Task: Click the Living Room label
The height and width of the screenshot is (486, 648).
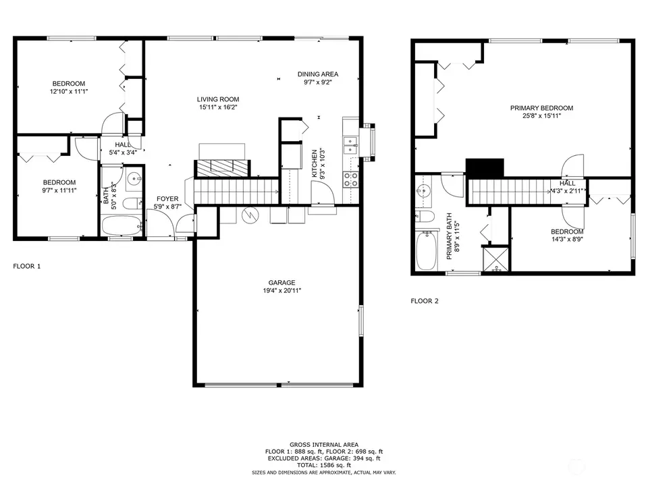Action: tap(218, 99)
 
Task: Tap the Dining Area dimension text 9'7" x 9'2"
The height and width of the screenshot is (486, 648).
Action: tap(318, 82)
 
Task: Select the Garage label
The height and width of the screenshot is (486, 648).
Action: tap(282, 283)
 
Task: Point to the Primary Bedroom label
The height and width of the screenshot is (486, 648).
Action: tap(541, 108)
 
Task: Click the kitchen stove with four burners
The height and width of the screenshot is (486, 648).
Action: tap(350, 180)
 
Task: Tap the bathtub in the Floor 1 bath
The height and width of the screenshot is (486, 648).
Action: tap(122, 225)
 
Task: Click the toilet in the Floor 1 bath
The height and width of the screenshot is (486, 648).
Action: tap(133, 203)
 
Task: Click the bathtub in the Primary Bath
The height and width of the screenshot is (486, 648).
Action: tap(427, 250)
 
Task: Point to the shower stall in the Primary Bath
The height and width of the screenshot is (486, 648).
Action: tap(495, 259)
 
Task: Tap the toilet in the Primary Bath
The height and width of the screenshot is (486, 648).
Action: tap(425, 216)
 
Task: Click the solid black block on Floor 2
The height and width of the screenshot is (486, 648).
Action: tap(485, 168)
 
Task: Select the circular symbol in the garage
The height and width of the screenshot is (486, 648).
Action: tap(250, 215)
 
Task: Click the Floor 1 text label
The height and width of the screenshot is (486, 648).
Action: tap(27, 266)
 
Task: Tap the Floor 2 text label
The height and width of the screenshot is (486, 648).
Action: tap(425, 301)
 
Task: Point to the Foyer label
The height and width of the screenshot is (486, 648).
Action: tap(167, 198)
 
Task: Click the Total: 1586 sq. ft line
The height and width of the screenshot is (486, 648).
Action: tap(323, 465)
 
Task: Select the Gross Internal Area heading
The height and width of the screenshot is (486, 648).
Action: tap(323, 445)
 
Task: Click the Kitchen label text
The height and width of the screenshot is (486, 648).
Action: tap(315, 163)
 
